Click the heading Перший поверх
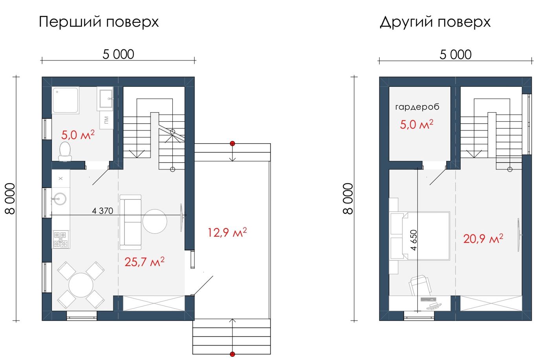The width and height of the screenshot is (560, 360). tap(99, 22)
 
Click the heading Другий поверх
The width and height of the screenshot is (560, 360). tap(435, 22)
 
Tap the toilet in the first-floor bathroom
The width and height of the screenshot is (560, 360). tap(65, 152)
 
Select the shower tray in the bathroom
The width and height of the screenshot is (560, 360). tap(66, 100)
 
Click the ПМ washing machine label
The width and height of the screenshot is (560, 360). tap(106, 120)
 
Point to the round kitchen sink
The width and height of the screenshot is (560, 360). tap(60, 199)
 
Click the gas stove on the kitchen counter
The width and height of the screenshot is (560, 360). tap(60, 239)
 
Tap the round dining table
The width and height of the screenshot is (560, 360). tap(81, 285)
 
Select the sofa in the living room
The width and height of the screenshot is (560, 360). tap(130, 222)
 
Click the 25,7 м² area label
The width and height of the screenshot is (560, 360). tap(145, 262)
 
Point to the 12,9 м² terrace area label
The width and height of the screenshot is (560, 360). tap(227, 232)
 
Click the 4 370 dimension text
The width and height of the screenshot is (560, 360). tap(102, 211)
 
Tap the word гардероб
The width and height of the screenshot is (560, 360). tap(417, 107)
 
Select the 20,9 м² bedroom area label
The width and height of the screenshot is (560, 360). tap(483, 239)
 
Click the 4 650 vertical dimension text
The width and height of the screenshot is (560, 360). tap(414, 240)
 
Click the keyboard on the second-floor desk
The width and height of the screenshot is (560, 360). tap(428, 299)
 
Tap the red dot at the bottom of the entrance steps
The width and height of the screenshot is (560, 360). tap(232, 354)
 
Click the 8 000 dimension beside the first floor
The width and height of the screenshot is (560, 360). tap(10, 199)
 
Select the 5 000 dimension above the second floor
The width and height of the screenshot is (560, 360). tap(456, 55)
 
